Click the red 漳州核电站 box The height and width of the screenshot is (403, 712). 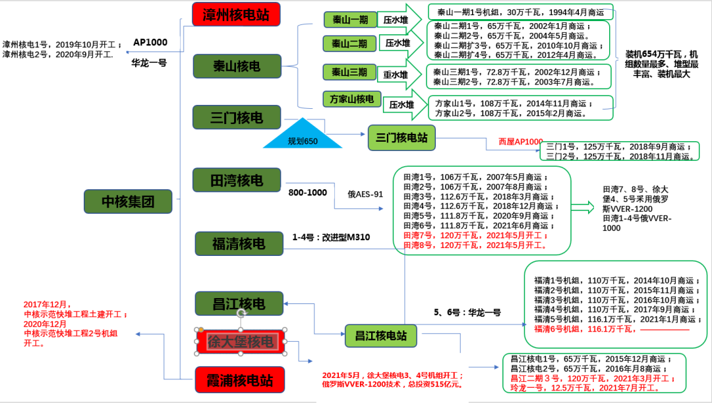tap(236, 14)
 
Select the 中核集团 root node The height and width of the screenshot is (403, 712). tap(128, 201)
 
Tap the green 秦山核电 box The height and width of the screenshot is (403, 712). tap(237, 67)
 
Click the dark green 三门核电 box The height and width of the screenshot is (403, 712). tap(237, 117)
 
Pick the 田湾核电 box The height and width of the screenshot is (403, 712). tap(237, 180)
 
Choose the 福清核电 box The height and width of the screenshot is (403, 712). tap(239, 243)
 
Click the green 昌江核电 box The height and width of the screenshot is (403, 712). tap(239, 303)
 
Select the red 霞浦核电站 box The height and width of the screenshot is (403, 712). tap(239, 380)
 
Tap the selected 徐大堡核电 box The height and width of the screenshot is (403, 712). tap(241, 341)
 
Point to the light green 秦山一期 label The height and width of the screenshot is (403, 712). tap(349, 19)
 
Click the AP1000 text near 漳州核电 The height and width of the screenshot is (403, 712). tap(150, 42)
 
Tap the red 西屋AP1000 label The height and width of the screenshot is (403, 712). tap(519, 142)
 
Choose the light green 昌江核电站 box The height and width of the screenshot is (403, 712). tap(381, 336)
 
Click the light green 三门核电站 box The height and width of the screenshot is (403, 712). tap(401, 138)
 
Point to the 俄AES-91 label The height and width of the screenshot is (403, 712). tap(365, 194)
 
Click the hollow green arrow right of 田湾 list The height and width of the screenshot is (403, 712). tap(581, 207)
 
